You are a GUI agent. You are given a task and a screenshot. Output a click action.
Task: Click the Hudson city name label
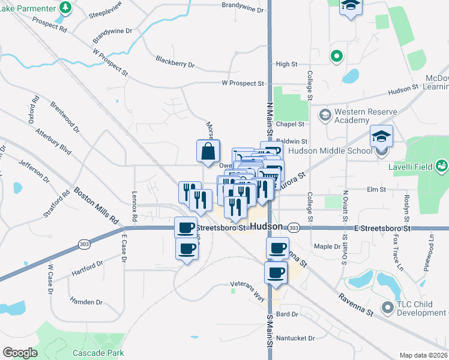(x=267, y=227)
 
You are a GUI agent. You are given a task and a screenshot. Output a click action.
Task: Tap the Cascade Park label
(x=98, y=353)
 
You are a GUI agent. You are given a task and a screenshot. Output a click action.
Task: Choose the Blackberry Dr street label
(x=175, y=61)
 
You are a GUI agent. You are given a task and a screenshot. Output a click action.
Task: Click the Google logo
(x=20, y=353)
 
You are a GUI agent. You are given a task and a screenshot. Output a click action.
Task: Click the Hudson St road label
(x=402, y=89)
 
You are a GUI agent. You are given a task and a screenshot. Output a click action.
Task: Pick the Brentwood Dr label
(x=65, y=116)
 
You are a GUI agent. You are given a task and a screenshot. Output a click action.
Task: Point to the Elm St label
(x=376, y=190)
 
